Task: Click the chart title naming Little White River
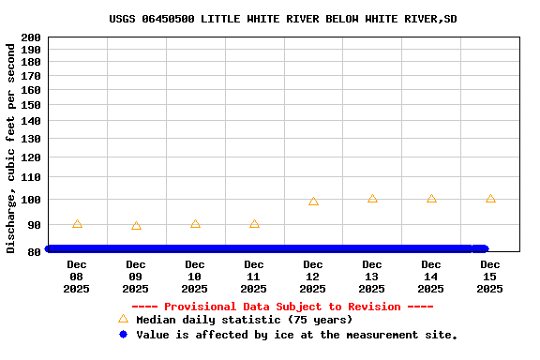282,19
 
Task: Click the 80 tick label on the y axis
34,250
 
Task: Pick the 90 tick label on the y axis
34,225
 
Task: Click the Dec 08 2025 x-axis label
77,277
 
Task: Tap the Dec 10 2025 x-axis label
195,277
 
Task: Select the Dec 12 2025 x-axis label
313,277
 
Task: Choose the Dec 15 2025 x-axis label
490,277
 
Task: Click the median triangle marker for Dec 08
77,224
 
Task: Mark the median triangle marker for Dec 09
136,226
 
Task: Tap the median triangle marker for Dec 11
254,224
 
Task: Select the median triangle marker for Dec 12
313,202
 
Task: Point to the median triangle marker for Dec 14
431,199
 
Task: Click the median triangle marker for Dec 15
490,199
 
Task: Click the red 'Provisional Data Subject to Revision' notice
282,307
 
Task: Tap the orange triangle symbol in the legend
123,320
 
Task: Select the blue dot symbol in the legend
123,335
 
